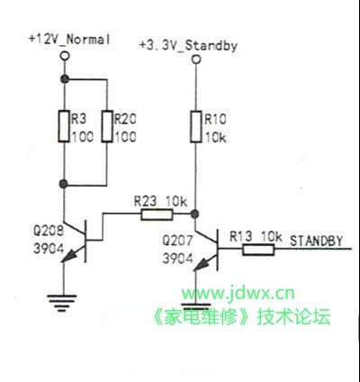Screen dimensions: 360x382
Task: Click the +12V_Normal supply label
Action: point(69,40)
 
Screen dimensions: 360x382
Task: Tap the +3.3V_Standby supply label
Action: point(188,46)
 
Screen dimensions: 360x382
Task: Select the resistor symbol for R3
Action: point(64,126)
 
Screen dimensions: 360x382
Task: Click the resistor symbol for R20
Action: point(107,126)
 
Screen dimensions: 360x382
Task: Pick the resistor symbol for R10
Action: point(195,126)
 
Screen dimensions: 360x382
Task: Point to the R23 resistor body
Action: point(157,214)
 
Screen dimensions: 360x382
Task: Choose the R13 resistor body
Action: point(258,250)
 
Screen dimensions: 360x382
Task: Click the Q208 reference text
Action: point(49,231)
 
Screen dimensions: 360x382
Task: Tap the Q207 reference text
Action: point(177,241)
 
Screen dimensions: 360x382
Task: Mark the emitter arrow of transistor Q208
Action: point(68,257)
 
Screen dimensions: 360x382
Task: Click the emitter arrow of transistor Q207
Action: point(201,265)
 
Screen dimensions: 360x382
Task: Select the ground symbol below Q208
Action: point(62,303)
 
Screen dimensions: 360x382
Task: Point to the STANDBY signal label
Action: point(316,241)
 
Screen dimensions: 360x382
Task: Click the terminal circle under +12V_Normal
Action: point(64,56)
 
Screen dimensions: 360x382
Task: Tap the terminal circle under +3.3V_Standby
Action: point(196,59)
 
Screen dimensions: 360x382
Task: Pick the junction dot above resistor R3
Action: point(64,79)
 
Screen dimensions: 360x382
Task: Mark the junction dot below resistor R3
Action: point(64,184)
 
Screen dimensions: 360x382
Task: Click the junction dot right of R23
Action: point(195,214)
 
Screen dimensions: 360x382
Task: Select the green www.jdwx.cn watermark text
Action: point(238,293)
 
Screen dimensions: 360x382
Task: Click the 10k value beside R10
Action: point(215,138)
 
